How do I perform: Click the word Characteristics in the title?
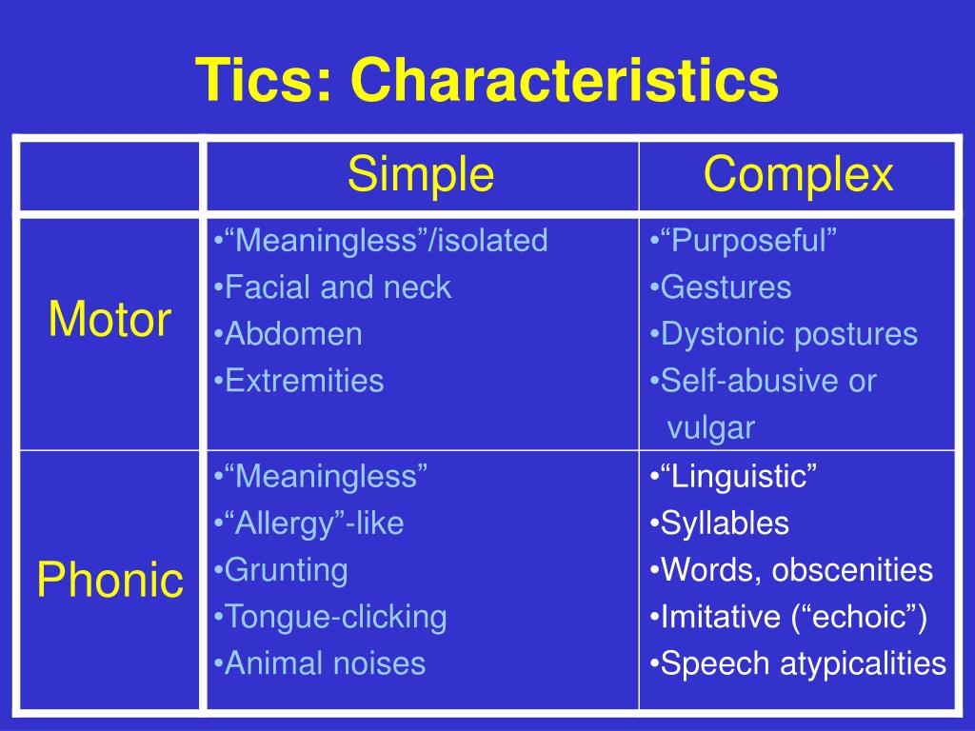(x=565, y=80)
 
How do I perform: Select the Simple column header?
(x=421, y=174)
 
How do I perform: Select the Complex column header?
(x=799, y=174)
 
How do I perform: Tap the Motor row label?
(x=109, y=320)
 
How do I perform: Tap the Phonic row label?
(x=110, y=580)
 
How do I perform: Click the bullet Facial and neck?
(x=332, y=287)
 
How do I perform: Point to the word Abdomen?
(x=293, y=334)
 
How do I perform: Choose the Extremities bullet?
(x=299, y=381)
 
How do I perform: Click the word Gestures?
(x=726, y=287)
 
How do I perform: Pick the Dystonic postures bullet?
(x=784, y=334)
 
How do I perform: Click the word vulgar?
(x=710, y=428)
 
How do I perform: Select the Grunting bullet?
(x=281, y=571)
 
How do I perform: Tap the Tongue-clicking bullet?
(x=330, y=617)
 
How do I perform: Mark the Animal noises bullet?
(x=320, y=663)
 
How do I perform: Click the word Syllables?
(x=725, y=524)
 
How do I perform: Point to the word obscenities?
(x=852, y=570)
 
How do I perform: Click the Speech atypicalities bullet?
(x=798, y=663)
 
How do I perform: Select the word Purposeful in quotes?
(x=748, y=241)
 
